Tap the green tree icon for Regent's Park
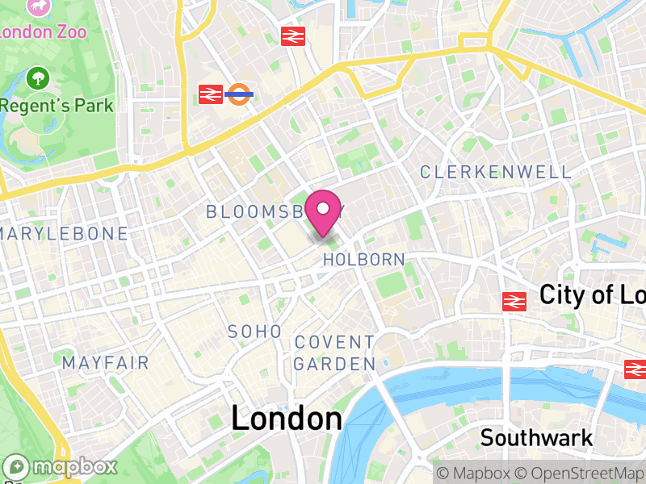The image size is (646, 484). [x=37, y=78]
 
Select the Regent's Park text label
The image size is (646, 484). [x=57, y=106]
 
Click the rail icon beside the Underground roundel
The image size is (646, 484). [x=211, y=94]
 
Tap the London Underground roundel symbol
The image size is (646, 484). [x=240, y=94]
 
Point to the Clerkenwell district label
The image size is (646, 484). [x=496, y=172]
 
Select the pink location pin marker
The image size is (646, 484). [x=324, y=212]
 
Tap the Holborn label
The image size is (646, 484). [x=363, y=260]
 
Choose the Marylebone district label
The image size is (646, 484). [x=65, y=234]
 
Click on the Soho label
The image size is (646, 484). [x=255, y=332]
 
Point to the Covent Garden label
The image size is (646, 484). [x=334, y=353]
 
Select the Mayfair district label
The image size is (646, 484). [x=106, y=363]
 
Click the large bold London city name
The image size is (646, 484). [x=287, y=419]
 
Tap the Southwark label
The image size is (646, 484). [x=536, y=438]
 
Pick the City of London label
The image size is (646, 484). [x=592, y=294]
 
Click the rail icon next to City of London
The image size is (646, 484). [x=514, y=301]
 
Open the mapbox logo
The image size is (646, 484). [x=62, y=466]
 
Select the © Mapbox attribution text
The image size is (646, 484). [x=477, y=473]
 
